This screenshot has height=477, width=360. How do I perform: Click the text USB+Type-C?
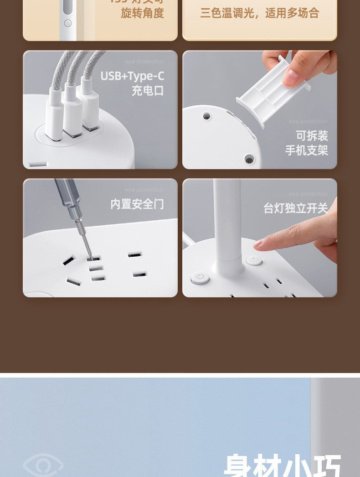pyautogui.click(x=132, y=76)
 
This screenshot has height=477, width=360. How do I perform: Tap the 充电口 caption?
pyautogui.click(x=148, y=90)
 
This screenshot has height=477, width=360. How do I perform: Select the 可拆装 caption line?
pyautogui.click(x=312, y=135)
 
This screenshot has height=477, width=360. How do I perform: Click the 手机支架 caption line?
pyautogui.click(x=306, y=150)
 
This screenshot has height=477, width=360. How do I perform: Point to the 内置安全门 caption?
pyautogui.click(x=137, y=204)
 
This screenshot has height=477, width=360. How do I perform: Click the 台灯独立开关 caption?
pyautogui.click(x=295, y=208)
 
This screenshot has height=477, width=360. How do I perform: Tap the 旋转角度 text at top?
pyautogui.click(x=142, y=13)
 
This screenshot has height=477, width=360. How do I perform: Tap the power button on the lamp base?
pyautogui.click(x=200, y=277)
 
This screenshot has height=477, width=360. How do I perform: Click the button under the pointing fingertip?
pyautogui.click(x=254, y=261)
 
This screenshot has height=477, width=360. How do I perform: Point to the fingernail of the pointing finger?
pyautogui.click(x=258, y=244)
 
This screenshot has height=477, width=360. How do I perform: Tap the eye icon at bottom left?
pyautogui.click(x=43, y=465)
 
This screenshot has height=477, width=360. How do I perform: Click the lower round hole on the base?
pyautogui.click(x=249, y=159)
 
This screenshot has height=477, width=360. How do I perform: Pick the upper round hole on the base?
pyautogui.click(x=207, y=116)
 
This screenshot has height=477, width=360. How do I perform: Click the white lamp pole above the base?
pyautogui.click(x=226, y=219)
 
